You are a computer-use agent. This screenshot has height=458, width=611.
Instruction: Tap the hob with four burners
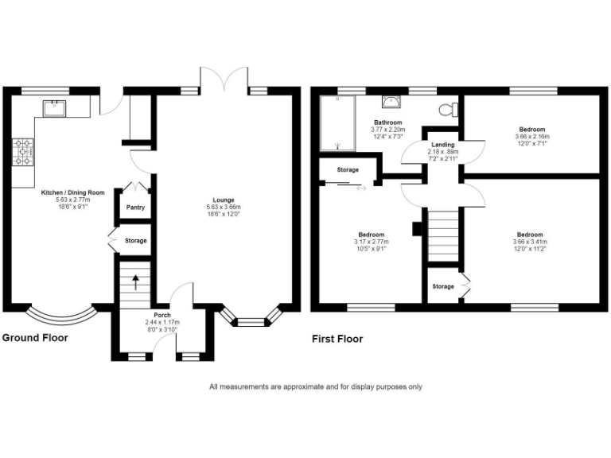(x=23, y=151)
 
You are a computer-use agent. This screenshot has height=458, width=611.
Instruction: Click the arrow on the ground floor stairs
(x=134, y=281)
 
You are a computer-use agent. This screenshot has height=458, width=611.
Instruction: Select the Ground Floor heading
(x=35, y=338)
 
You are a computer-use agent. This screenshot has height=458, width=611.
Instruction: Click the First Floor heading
(x=337, y=339)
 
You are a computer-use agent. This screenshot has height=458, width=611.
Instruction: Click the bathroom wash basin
(x=391, y=101)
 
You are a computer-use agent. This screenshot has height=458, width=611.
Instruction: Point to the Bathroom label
(x=388, y=122)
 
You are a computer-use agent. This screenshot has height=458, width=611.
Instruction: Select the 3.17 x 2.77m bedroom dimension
(x=371, y=242)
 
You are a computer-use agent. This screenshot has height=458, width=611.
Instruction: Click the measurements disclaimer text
(x=316, y=387)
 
